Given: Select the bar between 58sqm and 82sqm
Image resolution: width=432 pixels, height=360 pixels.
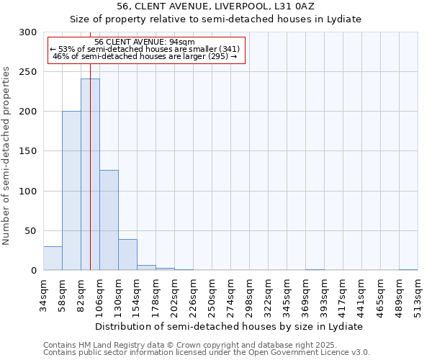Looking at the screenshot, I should pyautogui.click(x=71, y=191).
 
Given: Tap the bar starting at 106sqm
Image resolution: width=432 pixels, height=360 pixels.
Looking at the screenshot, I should pyautogui.click(x=109, y=220).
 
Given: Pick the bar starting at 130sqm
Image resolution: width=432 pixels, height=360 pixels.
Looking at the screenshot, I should pyautogui.click(x=127, y=255).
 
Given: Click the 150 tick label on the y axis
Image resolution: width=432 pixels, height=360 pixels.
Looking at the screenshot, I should pyautogui.click(x=28, y=151).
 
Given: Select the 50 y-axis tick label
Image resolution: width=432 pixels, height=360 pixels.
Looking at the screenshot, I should pyautogui.click(x=31, y=231).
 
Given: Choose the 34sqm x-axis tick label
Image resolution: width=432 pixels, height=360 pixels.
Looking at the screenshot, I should pyautogui.click(x=43, y=295).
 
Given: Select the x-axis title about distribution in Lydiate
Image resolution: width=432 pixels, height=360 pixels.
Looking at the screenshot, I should pyautogui.click(x=230, y=326).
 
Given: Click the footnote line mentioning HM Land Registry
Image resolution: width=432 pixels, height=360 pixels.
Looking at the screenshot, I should pyautogui.click(x=190, y=345).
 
